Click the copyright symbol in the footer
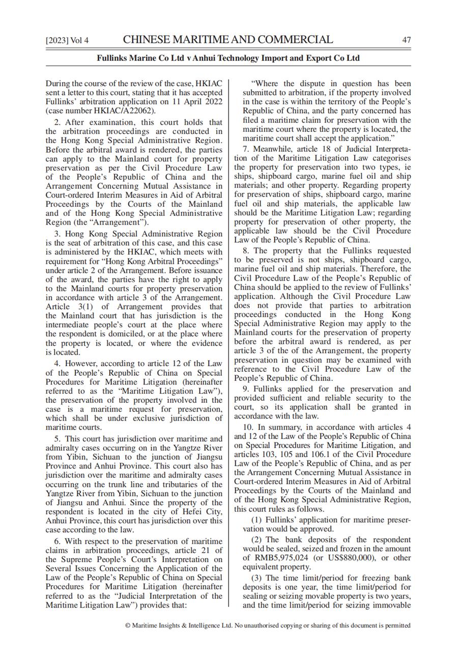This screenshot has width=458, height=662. (x=127, y=625)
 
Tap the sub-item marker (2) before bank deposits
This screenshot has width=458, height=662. (x=257, y=540)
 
